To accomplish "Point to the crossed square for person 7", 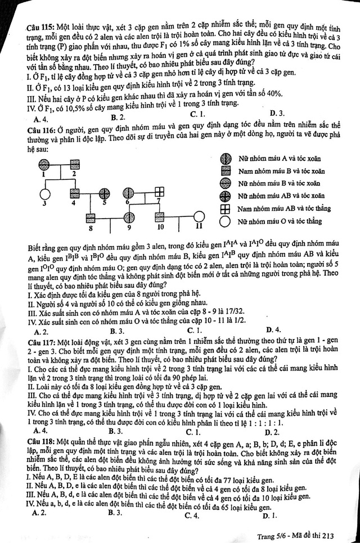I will [159, 192].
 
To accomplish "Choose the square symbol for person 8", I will [90, 217].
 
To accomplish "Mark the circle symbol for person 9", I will [129, 217].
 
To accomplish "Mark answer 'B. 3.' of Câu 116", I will [117, 331].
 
